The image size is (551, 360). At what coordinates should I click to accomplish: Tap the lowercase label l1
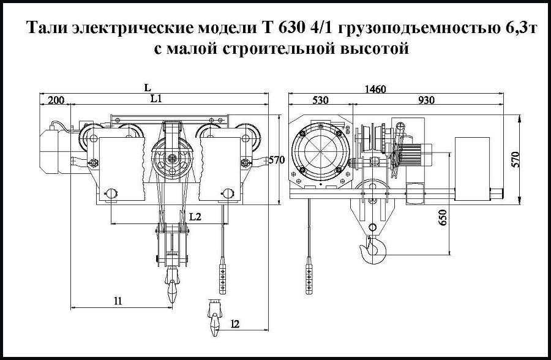tap(118, 300)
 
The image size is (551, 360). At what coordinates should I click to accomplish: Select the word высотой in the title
tap(373, 48)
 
